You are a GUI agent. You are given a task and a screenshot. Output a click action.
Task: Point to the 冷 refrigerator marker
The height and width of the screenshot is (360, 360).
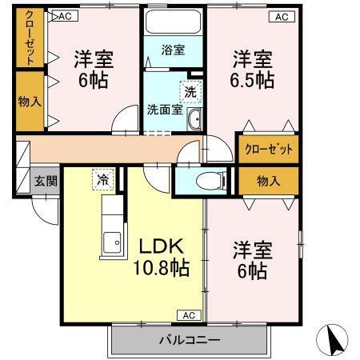tap(102, 178)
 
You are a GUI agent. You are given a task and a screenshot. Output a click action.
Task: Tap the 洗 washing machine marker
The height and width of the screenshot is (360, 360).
tap(190, 92)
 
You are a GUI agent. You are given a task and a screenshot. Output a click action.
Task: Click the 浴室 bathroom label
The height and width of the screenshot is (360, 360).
tap(174, 50)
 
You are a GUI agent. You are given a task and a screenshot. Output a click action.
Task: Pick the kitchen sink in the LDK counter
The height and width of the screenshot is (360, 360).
tap(113, 240)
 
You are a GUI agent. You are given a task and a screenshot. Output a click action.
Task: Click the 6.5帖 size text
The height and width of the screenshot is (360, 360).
tap(254, 82)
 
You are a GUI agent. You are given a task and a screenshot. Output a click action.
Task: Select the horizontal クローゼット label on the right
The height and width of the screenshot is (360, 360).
tap(268, 150)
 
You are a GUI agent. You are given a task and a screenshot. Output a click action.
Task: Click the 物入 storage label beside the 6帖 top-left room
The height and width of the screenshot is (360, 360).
tap(30, 102)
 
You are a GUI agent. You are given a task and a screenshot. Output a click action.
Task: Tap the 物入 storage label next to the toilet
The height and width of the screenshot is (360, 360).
tap(268, 181)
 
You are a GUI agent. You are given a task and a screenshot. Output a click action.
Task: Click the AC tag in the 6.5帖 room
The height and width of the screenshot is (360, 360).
tap(282, 16)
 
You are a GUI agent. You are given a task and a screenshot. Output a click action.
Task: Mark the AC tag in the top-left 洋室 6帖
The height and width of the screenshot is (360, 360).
tap(65, 16)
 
